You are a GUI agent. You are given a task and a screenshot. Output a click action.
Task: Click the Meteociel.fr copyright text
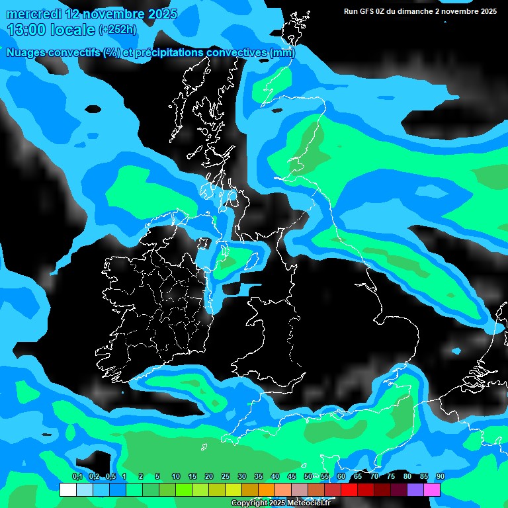(x=281, y=503)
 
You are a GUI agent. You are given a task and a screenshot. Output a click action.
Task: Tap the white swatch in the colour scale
(x=67, y=490)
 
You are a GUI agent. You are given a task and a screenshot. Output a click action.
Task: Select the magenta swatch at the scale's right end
(x=431, y=490)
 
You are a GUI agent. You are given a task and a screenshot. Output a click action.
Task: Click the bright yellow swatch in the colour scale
(x=233, y=490)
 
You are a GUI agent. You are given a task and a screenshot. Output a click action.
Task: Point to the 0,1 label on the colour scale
(x=77, y=477)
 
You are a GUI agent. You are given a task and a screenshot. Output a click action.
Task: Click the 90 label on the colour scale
(x=441, y=477)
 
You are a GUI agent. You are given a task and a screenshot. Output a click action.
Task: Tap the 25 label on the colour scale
(x=226, y=477)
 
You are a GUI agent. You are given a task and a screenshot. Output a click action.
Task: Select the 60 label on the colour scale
(x=341, y=477)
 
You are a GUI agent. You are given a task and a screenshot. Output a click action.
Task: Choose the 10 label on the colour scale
(x=176, y=477)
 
